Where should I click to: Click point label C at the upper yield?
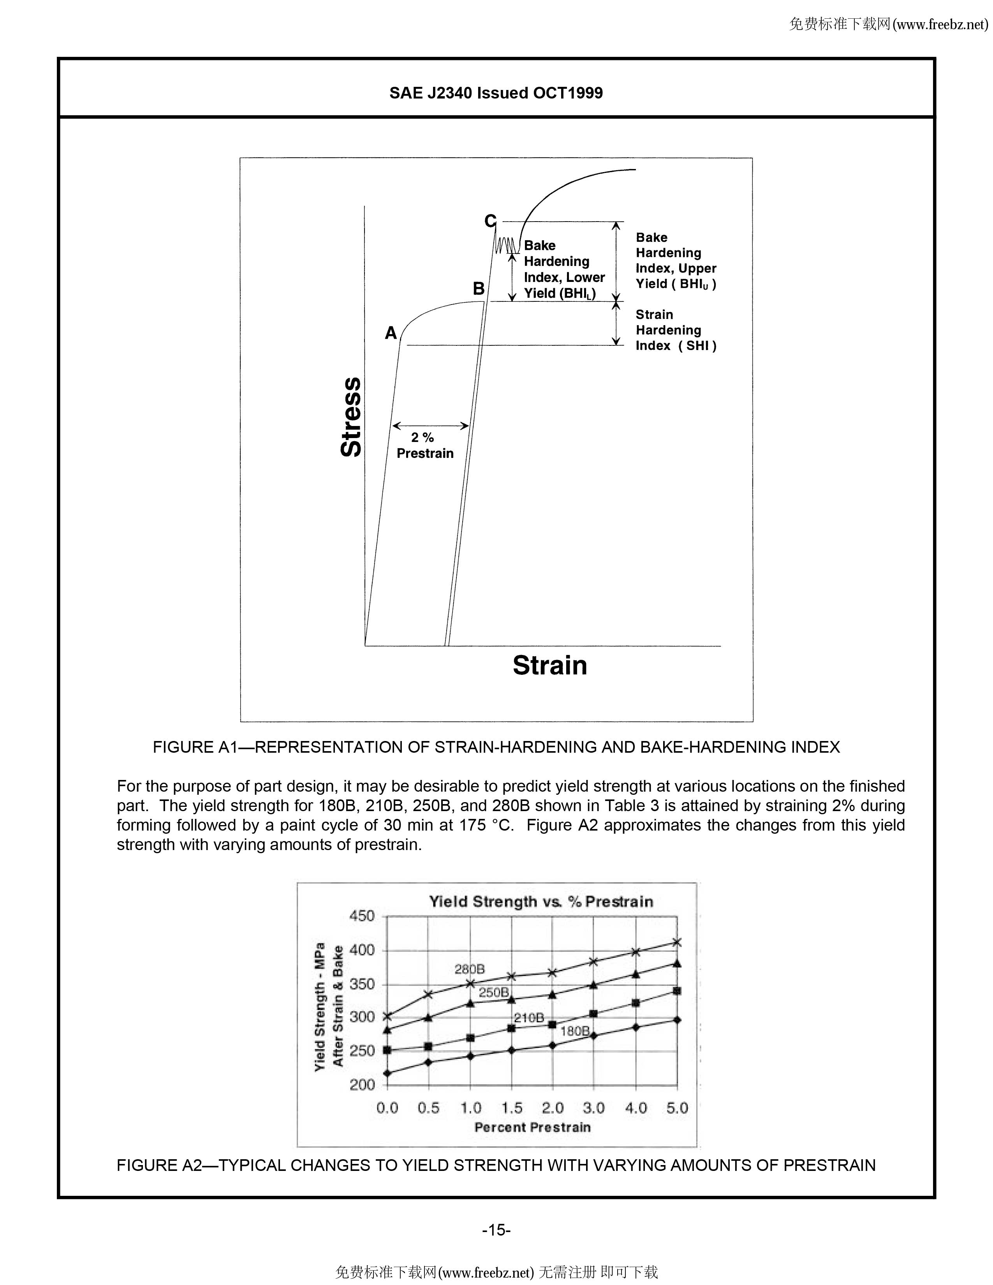(490, 221)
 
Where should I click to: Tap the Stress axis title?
(351, 417)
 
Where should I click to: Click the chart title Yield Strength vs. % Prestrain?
(541, 901)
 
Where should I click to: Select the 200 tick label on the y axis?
(363, 1084)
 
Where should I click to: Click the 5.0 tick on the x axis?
(677, 1108)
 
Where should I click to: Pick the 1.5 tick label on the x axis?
(512, 1108)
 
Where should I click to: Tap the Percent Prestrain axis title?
(532, 1127)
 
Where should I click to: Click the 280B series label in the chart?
(470, 969)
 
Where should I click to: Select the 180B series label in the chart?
(575, 1031)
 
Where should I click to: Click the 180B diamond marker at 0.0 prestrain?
(387, 1073)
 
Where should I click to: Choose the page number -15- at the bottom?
(496, 1230)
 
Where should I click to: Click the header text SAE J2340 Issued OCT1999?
(496, 93)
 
